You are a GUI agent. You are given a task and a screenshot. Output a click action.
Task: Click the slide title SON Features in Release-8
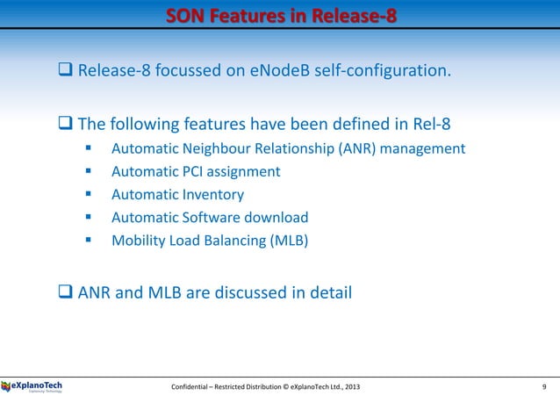280,17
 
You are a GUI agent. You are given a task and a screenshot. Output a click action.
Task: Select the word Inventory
211,195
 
